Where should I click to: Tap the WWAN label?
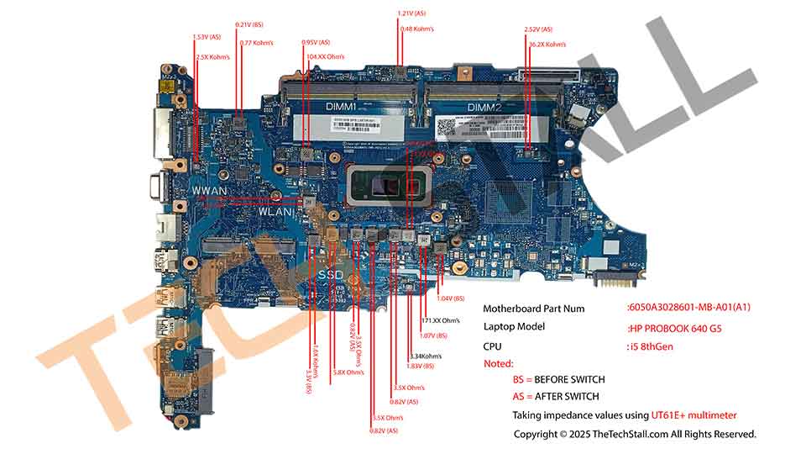(x=210, y=191)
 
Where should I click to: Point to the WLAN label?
(x=275, y=212)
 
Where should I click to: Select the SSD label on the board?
(x=332, y=274)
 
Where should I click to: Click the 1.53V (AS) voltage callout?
(x=207, y=37)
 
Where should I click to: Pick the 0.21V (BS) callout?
(x=249, y=25)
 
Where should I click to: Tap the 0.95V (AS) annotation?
(x=316, y=42)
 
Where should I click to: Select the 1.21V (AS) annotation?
(x=411, y=13)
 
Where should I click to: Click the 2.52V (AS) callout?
(x=538, y=29)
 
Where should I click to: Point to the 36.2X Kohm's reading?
(x=547, y=44)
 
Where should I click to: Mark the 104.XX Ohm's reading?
(x=326, y=56)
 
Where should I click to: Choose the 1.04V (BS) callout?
(x=451, y=298)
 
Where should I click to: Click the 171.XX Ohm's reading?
(x=440, y=319)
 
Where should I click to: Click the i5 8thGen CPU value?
(x=651, y=346)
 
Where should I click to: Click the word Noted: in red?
(x=500, y=363)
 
